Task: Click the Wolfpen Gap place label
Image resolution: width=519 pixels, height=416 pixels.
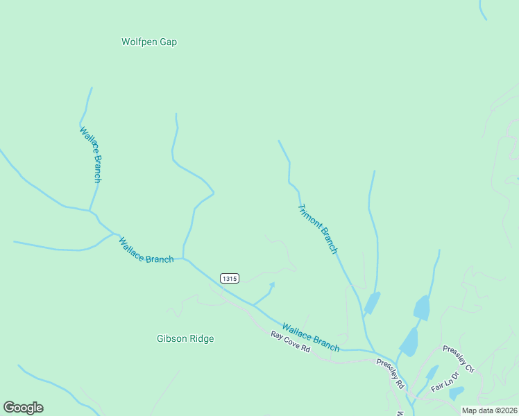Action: (x=149, y=42)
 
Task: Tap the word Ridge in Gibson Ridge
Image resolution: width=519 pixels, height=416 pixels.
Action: (x=201, y=338)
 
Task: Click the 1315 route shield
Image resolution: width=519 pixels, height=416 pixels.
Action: (x=230, y=278)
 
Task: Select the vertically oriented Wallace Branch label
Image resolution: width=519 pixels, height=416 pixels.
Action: (x=91, y=154)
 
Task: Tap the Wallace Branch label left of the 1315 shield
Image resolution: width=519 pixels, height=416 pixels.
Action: (x=146, y=250)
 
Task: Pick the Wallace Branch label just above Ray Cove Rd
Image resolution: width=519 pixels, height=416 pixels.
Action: (x=311, y=336)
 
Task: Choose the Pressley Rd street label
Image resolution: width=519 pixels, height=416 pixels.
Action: (x=391, y=373)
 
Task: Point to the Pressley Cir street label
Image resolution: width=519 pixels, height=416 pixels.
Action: (x=457, y=359)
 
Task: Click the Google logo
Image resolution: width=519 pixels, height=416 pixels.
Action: (x=23, y=408)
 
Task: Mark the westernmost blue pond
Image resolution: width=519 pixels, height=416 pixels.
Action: (x=372, y=302)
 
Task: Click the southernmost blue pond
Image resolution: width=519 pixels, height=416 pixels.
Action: (x=456, y=393)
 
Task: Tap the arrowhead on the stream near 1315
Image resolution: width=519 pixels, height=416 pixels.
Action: (x=272, y=284)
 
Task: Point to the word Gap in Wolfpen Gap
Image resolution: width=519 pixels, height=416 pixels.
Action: (x=168, y=42)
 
